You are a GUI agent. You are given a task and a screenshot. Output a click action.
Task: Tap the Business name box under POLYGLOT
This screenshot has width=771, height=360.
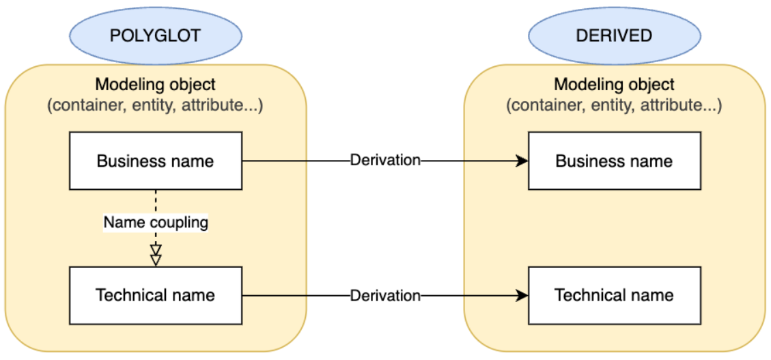point(156,161)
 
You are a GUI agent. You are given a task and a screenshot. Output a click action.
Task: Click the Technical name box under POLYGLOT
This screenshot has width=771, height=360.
point(156,295)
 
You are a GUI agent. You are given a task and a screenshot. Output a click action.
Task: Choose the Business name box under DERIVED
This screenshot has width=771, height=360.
point(614,161)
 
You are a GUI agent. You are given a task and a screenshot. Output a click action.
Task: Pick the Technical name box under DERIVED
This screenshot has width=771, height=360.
point(614,295)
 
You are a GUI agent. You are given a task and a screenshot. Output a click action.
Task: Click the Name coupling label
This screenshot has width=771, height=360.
point(156,222)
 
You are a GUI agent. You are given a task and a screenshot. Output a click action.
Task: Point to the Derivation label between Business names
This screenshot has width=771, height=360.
point(385,161)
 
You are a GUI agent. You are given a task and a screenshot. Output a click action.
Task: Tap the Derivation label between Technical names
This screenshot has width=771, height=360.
point(385,296)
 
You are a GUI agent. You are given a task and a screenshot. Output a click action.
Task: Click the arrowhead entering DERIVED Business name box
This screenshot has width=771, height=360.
point(522,161)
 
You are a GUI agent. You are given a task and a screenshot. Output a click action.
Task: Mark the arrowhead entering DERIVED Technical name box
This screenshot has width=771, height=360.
point(522,296)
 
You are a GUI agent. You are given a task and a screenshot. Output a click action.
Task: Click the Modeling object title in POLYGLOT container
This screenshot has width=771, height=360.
point(155,85)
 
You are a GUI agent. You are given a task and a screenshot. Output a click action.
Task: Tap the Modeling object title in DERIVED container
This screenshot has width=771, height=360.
point(614,85)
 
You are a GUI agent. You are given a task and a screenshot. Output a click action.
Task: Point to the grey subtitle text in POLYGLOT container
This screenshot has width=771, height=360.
point(155,106)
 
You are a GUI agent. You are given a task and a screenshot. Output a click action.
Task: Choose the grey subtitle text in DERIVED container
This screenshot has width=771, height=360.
point(614,106)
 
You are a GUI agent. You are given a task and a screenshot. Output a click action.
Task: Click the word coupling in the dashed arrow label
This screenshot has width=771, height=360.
point(182,223)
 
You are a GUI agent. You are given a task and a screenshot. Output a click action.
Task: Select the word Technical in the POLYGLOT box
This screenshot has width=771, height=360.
point(126,295)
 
